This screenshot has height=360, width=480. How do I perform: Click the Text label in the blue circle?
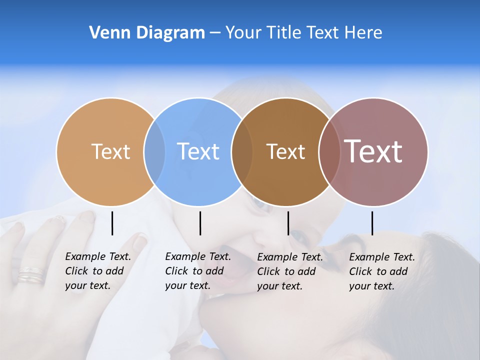coord(198,151)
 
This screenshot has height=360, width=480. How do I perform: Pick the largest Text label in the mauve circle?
coord(373,151)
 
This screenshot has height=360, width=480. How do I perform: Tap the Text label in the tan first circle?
coord(110,151)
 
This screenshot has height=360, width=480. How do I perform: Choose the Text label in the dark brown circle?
coord(285,151)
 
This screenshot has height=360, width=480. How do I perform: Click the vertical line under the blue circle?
coord(200,223)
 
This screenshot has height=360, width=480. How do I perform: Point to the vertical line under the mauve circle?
coord(372,223)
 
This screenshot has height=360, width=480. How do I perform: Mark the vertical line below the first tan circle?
coord(112,223)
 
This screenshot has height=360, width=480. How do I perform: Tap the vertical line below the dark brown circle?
coord(288,223)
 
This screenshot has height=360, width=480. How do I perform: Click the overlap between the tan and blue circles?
coord(154,151)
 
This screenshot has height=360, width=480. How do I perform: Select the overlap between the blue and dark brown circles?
coord(242,151)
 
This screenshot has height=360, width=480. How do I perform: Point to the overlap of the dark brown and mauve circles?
coord(328,151)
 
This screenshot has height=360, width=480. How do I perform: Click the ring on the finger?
coord(31,274)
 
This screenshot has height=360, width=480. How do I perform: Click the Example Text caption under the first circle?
coord(98,271)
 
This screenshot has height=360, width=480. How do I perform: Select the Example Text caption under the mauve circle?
coord(382,271)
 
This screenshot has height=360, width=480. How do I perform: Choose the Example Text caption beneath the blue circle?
coord(198,271)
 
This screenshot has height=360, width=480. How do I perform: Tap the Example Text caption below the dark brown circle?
coord(290,271)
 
